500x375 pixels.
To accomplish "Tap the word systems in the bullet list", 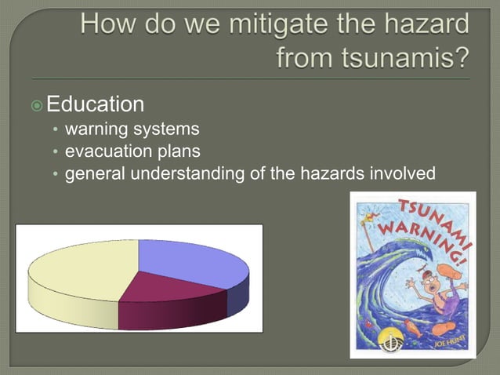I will point(166,128).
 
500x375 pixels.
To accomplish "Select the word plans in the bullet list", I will point(174,150).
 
